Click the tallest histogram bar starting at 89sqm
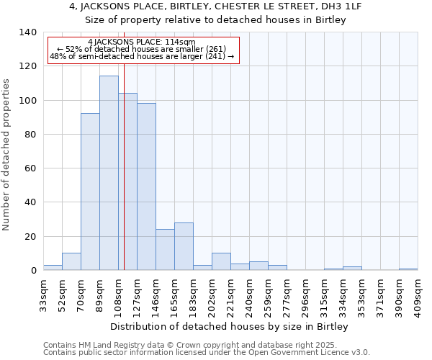tap(109, 173)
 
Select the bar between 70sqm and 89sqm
tap(90, 192)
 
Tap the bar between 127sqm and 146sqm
tap(146, 186)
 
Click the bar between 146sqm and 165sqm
tap(165, 250)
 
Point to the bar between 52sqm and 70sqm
tap(71, 262)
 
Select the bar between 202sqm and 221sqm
tap(221, 262)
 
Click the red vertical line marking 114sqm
tap(124, 180)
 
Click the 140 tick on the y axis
tap(27, 32)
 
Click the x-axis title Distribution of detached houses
tap(230, 326)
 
